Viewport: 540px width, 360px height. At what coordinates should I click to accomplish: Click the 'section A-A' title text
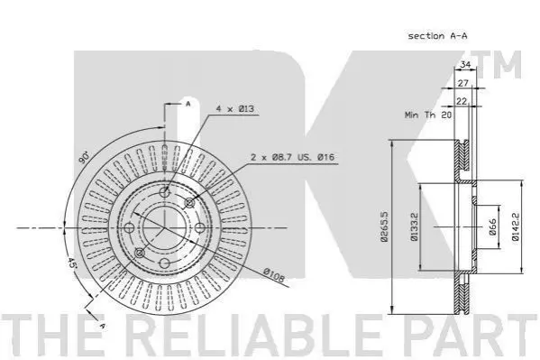click(x=437, y=36)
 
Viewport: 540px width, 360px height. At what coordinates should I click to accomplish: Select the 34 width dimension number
click(x=465, y=64)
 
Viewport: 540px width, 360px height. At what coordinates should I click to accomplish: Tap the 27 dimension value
click(x=463, y=83)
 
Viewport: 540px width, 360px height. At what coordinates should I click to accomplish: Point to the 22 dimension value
click(x=462, y=101)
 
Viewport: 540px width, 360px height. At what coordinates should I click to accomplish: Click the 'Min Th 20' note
click(x=427, y=115)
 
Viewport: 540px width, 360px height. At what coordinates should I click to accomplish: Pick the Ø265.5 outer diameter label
click(x=384, y=226)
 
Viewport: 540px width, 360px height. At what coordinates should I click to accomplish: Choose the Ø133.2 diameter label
click(x=414, y=226)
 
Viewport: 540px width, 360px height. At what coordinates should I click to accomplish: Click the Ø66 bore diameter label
click(x=493, y=226)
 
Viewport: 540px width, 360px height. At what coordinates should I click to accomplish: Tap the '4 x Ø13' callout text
click(x=235, y=108)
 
